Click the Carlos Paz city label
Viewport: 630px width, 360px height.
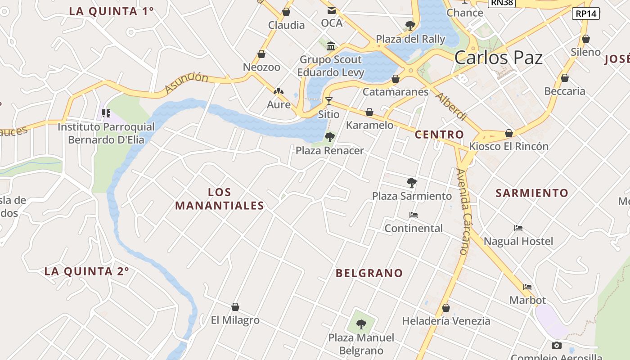click(x=498, y=58)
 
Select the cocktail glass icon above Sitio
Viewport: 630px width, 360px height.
click(x=329, y=101)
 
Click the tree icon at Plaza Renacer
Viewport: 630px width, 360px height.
click(x=329, y=137)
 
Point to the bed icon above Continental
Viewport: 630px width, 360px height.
click(x=414, y=215)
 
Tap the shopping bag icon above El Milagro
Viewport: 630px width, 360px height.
click(x=235, y=307)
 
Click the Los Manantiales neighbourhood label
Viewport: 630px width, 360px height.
click(x=220, y=199)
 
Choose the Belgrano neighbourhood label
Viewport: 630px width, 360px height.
click(x=369, y=273)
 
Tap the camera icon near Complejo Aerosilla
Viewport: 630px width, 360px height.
click(x=557, y=346)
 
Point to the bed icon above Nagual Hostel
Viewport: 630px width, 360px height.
click(x=518, y=228)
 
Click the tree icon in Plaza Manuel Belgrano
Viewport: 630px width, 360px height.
click(x=361, y=324)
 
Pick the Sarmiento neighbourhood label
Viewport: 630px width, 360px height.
click(x=532, y=193)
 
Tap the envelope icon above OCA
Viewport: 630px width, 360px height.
click(x=332, y=10)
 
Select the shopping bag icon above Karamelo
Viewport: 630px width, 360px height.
click(x=369, y=112)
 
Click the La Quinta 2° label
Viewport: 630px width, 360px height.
click(x=86, y=271)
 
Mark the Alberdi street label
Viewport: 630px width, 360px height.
click(x=451, y=107)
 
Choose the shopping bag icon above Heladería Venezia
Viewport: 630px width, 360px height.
click(x=445, y=308)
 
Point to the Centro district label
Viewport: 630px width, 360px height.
click(x=439, y=135)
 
